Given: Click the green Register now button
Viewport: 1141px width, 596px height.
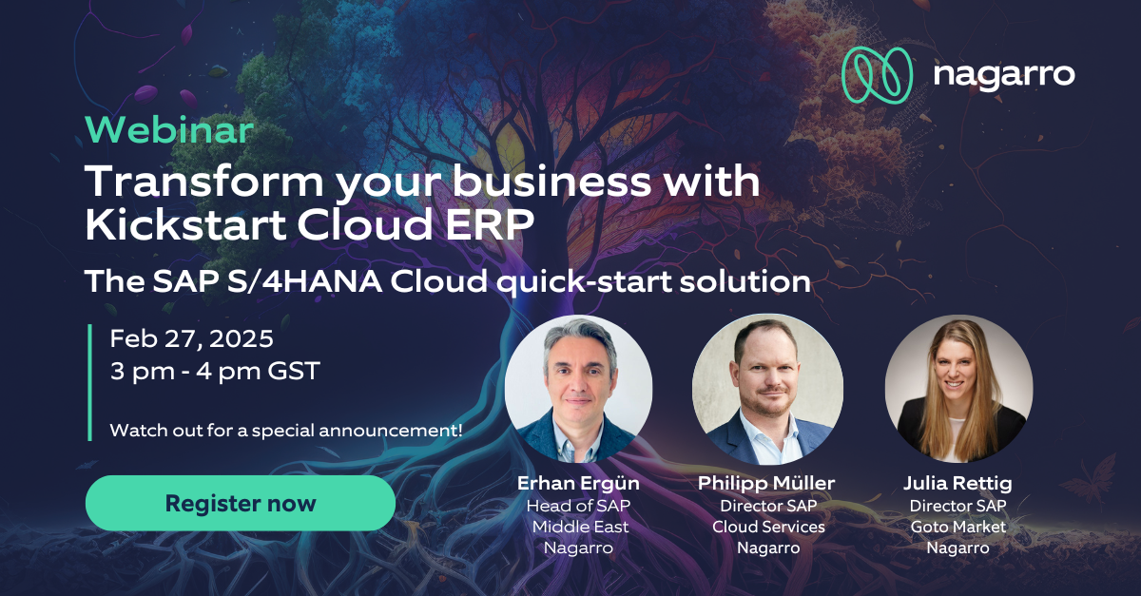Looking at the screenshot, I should [240, 503].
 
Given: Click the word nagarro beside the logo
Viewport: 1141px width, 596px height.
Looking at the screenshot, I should [1003, 75].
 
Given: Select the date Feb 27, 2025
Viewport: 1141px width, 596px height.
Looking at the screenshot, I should [191, 338].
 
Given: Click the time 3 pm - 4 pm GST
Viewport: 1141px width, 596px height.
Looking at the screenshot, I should [215, 371].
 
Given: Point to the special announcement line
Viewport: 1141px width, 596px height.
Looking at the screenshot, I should [286, 430].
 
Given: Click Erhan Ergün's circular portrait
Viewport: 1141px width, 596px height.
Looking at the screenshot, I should [578, 390].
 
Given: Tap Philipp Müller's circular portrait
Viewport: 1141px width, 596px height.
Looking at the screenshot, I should [767, 390].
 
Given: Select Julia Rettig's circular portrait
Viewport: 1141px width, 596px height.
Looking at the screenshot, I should [956, 390].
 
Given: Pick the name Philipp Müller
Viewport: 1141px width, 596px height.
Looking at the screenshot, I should [767, 484].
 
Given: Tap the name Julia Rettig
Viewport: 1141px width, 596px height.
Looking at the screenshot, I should [957, 484].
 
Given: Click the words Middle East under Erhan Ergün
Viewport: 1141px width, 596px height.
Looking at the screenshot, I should [580, 527].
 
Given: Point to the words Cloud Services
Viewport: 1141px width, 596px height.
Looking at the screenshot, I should [768, 527].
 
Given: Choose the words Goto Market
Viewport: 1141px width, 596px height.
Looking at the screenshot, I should [957, 527].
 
